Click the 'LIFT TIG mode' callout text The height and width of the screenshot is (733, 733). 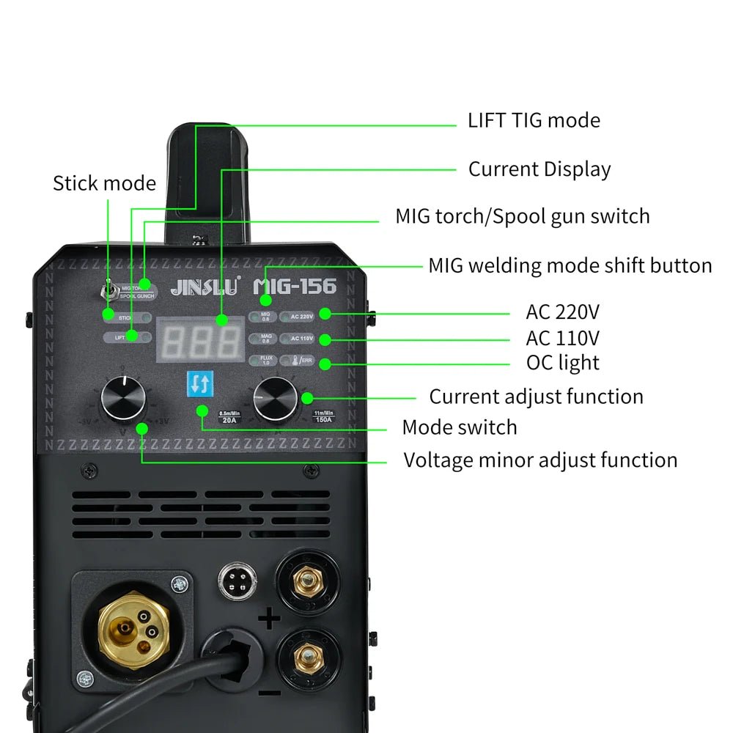coord(534,120)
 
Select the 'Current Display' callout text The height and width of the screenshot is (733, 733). coord(539,169)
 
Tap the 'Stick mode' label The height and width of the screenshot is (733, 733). coord(104,183)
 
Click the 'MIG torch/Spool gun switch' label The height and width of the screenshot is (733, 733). coord(522,216)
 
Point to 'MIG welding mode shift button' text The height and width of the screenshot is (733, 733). coord(570,265)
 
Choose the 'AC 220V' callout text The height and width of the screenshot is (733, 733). coord(562,312)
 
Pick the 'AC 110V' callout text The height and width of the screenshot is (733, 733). coord(562,338)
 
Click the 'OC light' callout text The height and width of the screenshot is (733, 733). coord(562,362)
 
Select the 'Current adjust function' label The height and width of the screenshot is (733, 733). coord(536,397)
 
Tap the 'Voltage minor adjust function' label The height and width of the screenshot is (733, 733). coord(540,460)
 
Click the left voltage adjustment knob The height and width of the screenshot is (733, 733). coord(123,399)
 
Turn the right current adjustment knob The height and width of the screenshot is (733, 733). coord(276,399)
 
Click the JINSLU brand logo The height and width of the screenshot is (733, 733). coord(205,288)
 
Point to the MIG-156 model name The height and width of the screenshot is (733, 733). coord(295,286)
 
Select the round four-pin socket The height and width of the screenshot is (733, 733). coord(237,580)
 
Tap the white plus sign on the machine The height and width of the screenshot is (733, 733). coord(270,620)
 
